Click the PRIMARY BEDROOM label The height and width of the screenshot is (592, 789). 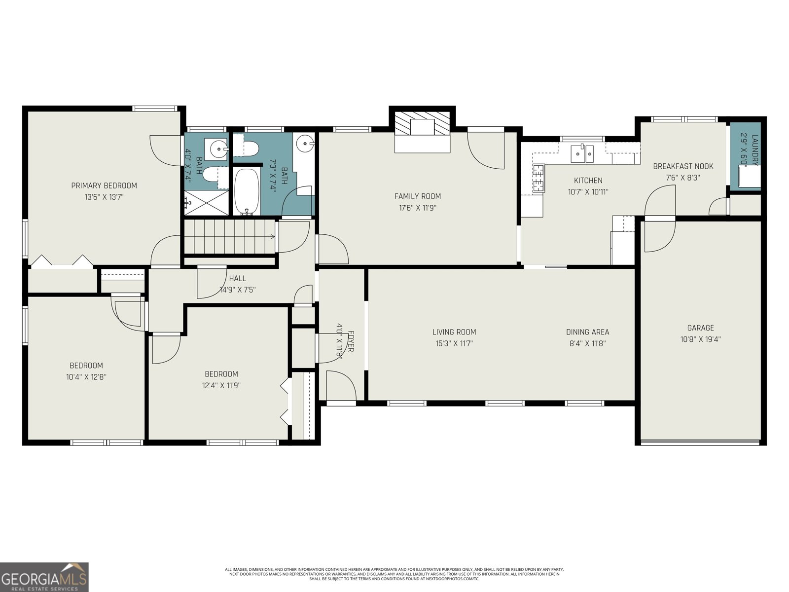coord(104,185)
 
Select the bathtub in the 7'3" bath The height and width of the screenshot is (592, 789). coord(247,191)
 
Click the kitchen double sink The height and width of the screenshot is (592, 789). coord(582,153)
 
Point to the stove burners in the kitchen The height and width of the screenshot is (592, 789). coord(538,179)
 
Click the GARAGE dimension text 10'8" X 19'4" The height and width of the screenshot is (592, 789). coord(700,339)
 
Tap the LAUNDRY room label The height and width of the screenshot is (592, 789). coord(754,148)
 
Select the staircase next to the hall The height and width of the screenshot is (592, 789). coord(229,237)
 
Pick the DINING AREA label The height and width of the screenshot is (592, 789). coord(587,332)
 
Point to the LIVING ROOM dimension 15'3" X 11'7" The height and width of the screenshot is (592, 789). coord(454,343)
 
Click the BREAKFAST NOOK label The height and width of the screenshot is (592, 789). coord(683,166)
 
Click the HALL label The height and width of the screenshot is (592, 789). coord(237,279)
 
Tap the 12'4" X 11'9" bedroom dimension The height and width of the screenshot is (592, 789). coord(221,385)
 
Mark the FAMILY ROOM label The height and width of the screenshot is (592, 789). coord(417,196)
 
